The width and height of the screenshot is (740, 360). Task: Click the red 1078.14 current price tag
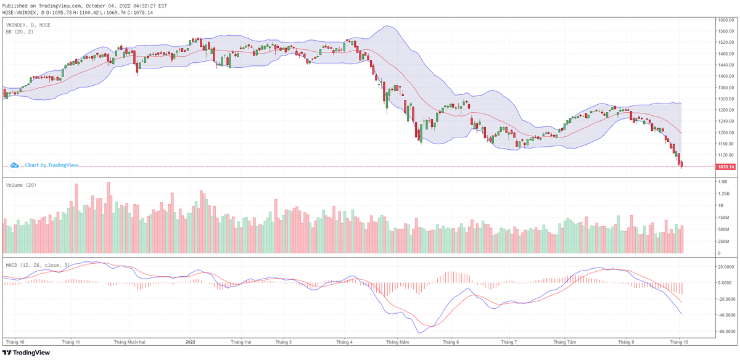click(725, 166)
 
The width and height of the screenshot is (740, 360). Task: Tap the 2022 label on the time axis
click(190, 342)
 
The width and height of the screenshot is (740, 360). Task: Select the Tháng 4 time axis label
click(344, 342)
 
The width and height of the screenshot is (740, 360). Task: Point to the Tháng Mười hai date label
click(129, 342)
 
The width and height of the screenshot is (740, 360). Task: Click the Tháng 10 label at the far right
click(680, 342)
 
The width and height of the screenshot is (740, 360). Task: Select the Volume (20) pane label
click(20, 185)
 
